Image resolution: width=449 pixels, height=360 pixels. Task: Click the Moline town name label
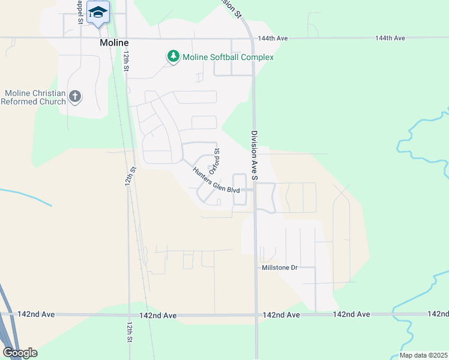(x=115, y=44)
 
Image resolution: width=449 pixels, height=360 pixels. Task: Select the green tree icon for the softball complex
(x=173, y=56)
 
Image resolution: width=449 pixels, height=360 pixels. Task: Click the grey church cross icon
(x=75, y=97)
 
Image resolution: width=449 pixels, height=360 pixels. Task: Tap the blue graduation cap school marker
(x=98, y=13)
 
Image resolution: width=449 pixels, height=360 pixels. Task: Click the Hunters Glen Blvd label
(x=215, y=180)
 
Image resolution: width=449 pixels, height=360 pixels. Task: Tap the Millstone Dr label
(x=280, y=267)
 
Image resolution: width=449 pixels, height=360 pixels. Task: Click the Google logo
(x=20, y=353)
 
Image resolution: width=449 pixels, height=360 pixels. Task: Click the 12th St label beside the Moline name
(x=126, y=61)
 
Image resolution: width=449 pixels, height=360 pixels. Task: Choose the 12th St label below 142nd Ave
(x=129, y=331)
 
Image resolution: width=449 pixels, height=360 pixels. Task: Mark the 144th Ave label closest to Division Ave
(x=274, y=38)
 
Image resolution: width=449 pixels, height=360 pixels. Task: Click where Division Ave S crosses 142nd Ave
(x=256, y=314)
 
